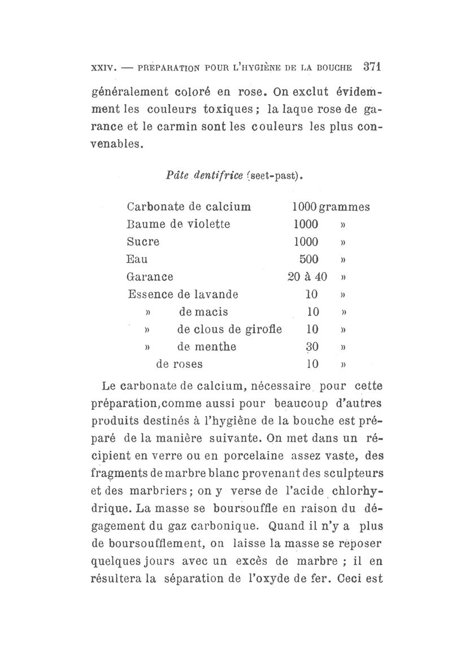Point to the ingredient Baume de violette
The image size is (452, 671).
(179, 224)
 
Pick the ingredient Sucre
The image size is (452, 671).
(144, 241)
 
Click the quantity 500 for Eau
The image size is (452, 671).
(310, 259)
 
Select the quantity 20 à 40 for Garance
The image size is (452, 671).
(307, 277)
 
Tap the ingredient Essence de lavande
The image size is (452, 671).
(183, 294)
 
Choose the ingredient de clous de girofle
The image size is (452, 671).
(229, 329)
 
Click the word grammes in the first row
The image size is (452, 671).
(344, 207)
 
